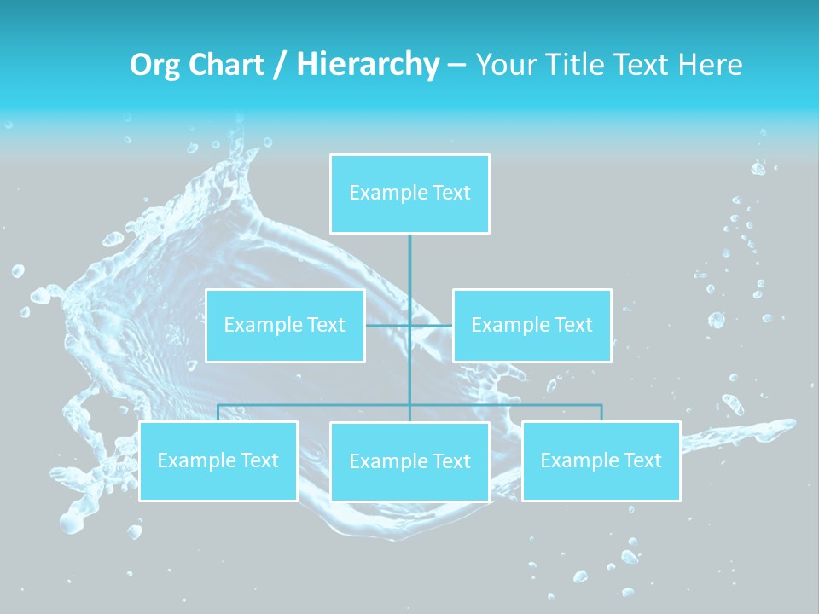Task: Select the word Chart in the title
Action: pos(226,65)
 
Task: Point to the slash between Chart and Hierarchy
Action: pos(280,65)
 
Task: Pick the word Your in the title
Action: pos(500,65)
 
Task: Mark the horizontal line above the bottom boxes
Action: pos(316,405)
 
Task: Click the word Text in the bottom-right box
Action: pos(642,460)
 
